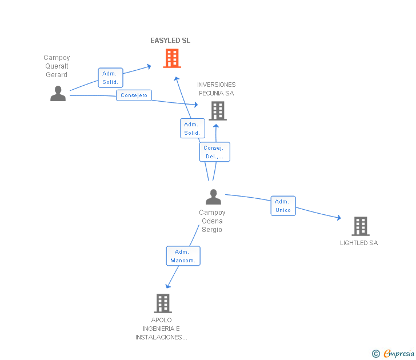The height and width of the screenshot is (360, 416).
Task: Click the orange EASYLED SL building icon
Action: pyautogui.click(x=172, y=58)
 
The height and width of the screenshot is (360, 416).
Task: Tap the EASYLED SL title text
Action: pyautogui.click(x=170, y=41)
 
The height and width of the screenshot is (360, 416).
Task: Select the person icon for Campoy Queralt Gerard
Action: pyautogui.click(x=58, y=93)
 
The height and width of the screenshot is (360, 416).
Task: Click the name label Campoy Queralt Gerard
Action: pyautogui.click(x=57, y=66)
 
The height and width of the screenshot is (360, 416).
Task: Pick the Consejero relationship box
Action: pyautogui.click(x=134, y=95)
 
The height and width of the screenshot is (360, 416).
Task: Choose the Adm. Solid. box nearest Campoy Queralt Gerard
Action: pyautogui.click(x=110, y=78)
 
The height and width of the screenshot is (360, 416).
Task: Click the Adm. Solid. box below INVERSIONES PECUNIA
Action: pyautogui.click(x=193, y=129)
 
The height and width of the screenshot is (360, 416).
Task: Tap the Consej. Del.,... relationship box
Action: pyautogui.click(x=215, y=152)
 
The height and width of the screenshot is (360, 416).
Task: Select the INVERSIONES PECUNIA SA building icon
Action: pyautogui.click(x=218, y=111)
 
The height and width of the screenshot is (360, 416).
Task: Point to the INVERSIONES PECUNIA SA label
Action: pyautogui.click(x=216, y=89)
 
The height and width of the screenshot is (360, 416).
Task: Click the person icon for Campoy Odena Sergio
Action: pyautogui.click(x=213, y=197)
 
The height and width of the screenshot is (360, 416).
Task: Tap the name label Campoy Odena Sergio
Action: pyautogui.click(x=212, y=221)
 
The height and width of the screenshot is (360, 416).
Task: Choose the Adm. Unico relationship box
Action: pyautogui.click(x=283, y=206)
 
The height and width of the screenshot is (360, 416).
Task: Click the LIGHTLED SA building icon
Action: pyautogui.click(x=361, y=226)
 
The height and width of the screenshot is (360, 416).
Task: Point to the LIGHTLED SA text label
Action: pyautogui.click(x=359, y=243)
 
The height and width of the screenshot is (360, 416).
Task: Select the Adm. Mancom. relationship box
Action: pyautogui.click(x=183, y=256)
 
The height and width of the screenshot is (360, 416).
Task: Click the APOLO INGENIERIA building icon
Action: pyautogui.click(x=163, y=303)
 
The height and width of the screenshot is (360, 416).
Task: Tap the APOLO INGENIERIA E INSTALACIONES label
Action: pyautogui.click(x=161, y=329)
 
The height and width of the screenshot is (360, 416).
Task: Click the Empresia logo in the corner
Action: pyautogui.click(x=393, y=353)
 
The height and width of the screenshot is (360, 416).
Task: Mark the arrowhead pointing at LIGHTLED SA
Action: pyautogui.click(x=339, y=218)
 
